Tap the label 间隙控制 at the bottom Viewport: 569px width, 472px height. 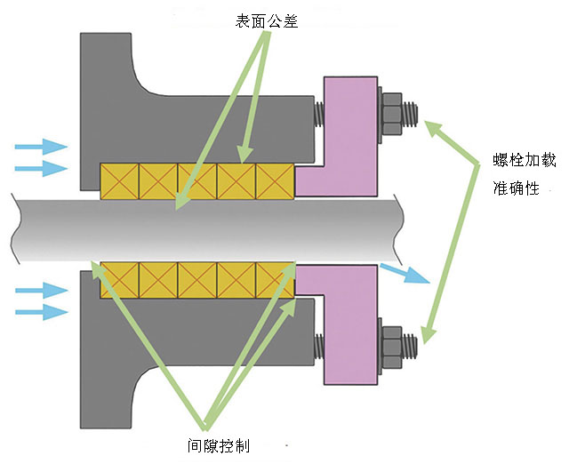pos(219,447)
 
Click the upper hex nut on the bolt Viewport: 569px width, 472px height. pos(391,114)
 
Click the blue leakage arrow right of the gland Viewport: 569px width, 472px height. pos(404,273)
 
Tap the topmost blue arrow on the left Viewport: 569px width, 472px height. pos(43,146)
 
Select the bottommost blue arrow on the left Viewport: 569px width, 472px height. pos(43,311)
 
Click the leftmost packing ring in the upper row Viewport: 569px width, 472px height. pos(119,181)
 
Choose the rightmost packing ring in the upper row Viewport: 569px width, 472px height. pos(275,181)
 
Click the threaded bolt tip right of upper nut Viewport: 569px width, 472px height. pos(411,115)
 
